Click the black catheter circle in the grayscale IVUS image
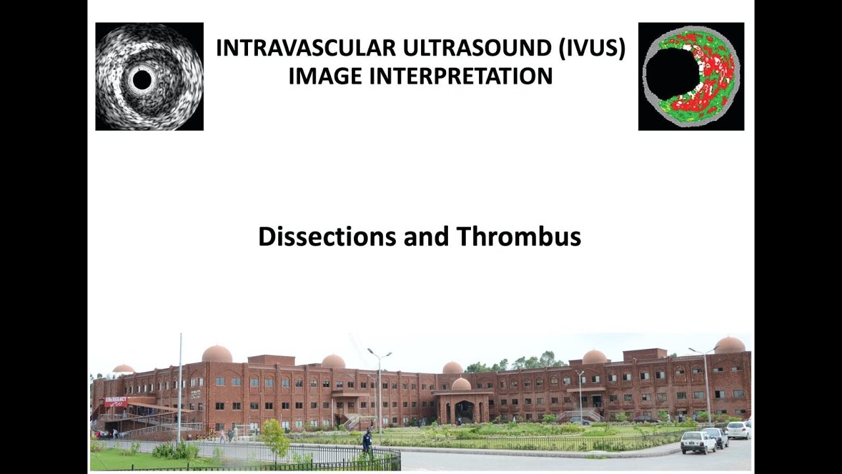[x=141, y=80]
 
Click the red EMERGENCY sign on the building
[x=116, y=401]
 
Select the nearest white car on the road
[x=697, y=442]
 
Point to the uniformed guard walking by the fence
[x=367, y=442]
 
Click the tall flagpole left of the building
[x=180, y=388]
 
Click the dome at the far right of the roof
[x=730, y=345]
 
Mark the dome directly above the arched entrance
[x=461, y=384]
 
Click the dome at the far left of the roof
[x=123, y=369]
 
